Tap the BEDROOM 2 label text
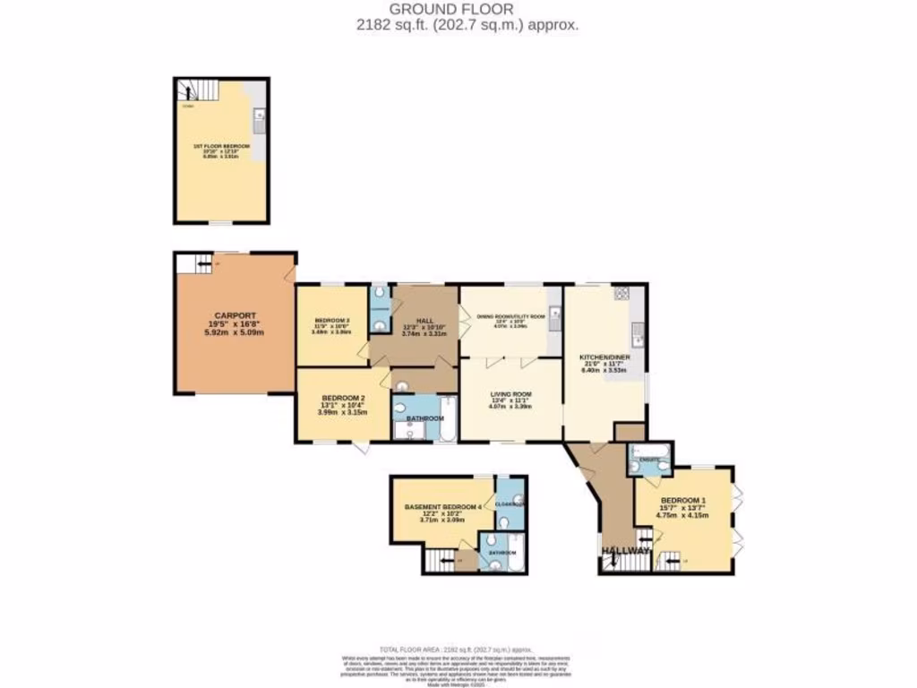pyautogui.click(x=343, y=398)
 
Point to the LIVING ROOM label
pyautogui.click(x=510, y=393)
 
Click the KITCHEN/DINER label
pyautogui.click(x=605, y=357)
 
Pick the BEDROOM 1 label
pyautogui.click(x=683, y=499)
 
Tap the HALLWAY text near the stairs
pyautogui.click(x=625, y=550)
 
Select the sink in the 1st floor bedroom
pyautogui.click(x=258, y=115)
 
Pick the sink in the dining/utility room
pyautogui.click(x=554, y=314)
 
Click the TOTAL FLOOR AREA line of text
pyautogui.click(x=457, y=649)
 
